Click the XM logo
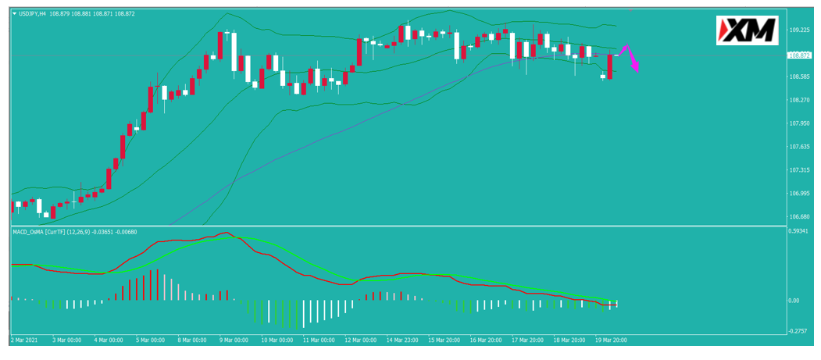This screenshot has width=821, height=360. tap(747, 30)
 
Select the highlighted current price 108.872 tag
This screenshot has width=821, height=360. tap(799, 55)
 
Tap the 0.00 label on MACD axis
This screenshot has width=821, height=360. tap(795, 301)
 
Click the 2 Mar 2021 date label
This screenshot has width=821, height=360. tap(23, 340)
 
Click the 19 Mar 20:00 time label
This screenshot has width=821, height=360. tap(611, 340)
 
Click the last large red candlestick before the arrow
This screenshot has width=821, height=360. tap(609, 66)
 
